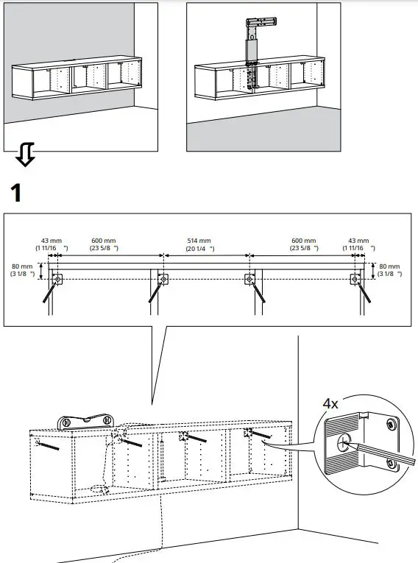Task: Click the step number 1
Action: [x=17, y=193]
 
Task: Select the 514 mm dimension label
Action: [x=199, y=241]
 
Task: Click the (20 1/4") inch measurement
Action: [x=199, y=249]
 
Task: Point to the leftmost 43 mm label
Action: [x=50, y=241]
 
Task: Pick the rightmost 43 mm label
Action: [x=359, y=241]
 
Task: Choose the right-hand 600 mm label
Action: [x=303, y=241]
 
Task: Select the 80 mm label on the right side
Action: [x=389, y=266]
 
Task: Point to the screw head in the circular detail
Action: [x=343, y=443]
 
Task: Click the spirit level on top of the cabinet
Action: [x=87, y=420]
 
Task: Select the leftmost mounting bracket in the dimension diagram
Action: [x=58, y=279]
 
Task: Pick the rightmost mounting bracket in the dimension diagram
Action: [x=356, y=279]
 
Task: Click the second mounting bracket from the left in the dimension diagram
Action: [x=162, y=279]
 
